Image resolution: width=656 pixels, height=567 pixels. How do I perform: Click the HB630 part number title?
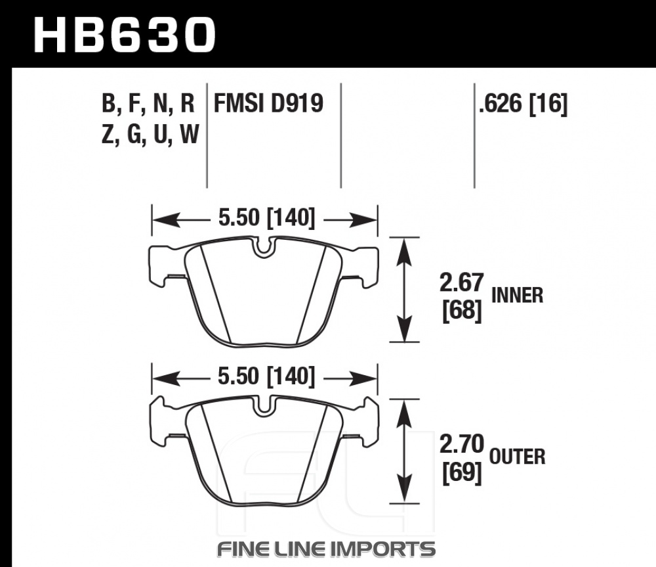125,35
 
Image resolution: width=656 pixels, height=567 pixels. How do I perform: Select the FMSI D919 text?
268,103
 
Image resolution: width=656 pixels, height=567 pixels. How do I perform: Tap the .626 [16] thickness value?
523,104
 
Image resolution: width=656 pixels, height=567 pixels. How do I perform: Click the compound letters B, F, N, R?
148,104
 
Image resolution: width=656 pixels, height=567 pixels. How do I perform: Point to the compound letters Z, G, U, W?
150,135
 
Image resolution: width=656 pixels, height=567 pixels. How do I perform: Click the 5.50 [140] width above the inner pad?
266,218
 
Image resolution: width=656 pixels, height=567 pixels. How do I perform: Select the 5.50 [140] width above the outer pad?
266,376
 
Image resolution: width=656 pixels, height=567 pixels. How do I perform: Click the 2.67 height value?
461,283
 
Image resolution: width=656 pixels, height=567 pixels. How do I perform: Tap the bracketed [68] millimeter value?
462,311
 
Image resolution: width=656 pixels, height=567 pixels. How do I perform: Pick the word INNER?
517,296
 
